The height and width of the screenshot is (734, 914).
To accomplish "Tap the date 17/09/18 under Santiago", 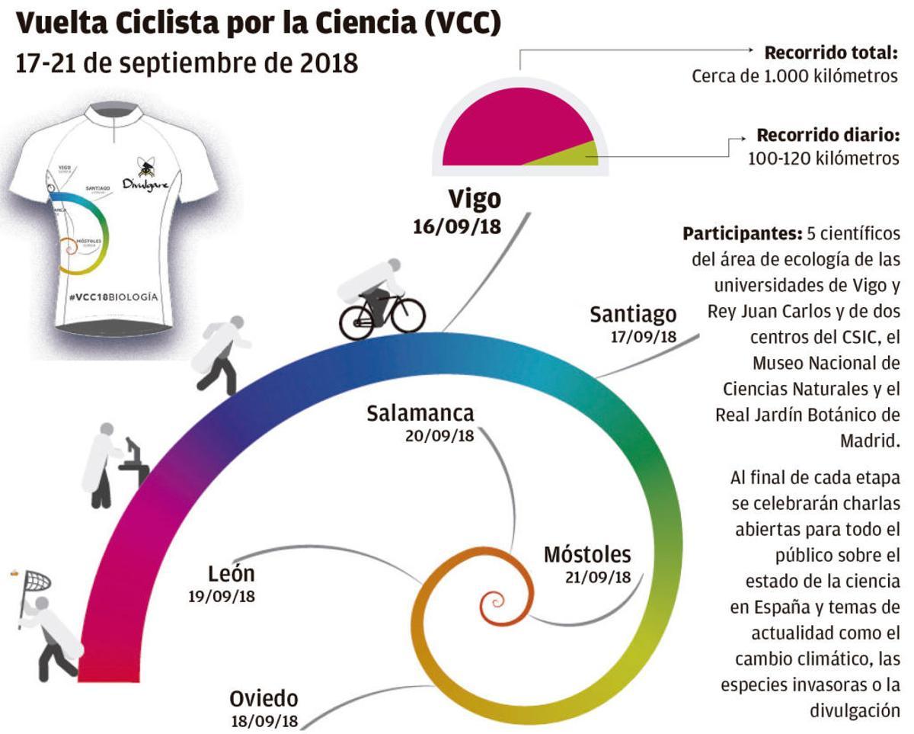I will [644, 337].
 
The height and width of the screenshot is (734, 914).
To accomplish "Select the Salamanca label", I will [420, 413].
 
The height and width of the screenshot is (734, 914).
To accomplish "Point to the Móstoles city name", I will [587, 554].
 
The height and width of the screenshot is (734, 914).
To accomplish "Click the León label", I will [231, 573].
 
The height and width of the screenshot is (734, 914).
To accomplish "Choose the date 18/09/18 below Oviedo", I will [264, 721].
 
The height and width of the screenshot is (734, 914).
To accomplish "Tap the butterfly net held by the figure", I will [34, 584].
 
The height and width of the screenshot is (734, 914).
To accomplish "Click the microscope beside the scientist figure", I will [134, 460].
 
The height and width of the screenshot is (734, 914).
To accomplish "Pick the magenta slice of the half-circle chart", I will [510, 126].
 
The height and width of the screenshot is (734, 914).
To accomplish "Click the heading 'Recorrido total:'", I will [831, 53].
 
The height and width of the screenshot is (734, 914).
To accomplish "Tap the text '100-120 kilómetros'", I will [823, 159].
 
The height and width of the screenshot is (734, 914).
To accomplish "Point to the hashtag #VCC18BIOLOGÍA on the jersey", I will [113, 297].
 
